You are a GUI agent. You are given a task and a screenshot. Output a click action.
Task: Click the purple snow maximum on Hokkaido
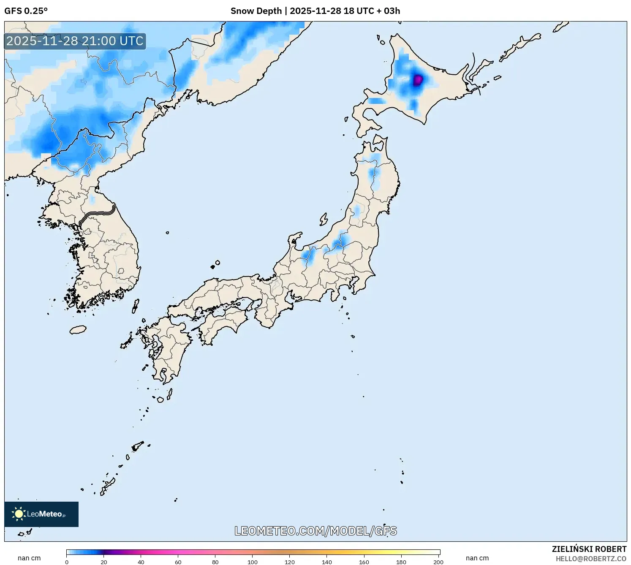click(417, 80)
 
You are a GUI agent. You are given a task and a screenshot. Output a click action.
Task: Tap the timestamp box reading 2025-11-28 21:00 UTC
click(75, 41)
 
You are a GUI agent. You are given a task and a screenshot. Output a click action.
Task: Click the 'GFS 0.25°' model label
click(26, 11)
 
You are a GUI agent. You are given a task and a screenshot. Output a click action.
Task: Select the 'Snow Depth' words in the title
click(256, 11)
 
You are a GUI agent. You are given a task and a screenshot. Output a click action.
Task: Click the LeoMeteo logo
click(41, 514)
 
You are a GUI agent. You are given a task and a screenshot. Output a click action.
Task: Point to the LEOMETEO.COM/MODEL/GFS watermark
click(315, 531)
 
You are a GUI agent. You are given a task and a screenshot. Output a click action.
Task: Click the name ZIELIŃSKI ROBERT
click(589, 549)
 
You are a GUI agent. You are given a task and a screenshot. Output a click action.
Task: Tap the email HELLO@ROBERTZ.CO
click(591, 559)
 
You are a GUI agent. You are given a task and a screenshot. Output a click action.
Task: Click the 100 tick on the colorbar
click(253, 562)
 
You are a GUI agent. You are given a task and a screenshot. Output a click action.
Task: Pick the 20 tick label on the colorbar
click(104, 562)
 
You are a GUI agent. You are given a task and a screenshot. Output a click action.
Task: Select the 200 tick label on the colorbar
click(438, 562)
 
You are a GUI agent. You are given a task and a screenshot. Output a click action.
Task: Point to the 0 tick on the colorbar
click(67, 562)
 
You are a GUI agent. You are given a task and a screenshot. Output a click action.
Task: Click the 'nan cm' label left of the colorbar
click(29, 558)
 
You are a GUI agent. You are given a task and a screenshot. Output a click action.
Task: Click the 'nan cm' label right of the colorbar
click(477, 558)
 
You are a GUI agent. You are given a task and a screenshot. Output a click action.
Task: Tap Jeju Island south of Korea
click(78, 329)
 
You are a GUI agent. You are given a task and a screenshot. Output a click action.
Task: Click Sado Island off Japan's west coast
click(324, 220)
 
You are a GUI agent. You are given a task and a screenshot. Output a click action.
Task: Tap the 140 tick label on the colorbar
click(326, 562)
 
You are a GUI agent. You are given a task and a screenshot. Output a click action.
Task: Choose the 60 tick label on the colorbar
click(178, 562)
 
